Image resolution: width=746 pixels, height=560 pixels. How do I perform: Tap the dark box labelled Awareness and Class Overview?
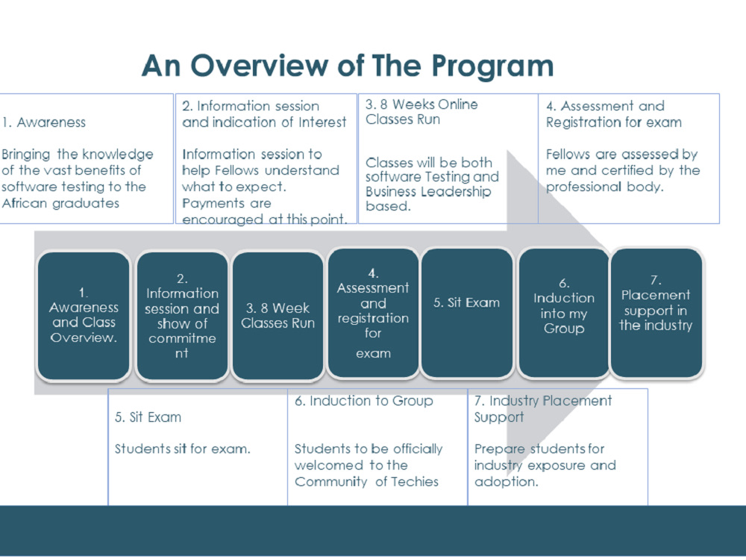84,315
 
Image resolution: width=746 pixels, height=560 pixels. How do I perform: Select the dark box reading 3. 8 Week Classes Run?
278,315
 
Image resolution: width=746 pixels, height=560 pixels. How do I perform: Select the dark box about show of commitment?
182,315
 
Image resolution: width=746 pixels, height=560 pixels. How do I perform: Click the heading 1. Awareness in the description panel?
44,122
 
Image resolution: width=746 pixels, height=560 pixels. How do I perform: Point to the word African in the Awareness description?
25,203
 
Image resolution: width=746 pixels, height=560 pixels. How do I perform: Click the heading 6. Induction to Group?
364,401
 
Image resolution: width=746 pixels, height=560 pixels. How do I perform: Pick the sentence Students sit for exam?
182,449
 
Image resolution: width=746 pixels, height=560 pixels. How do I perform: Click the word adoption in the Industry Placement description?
507,482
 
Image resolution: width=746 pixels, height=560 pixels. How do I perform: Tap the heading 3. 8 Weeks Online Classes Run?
421,111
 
